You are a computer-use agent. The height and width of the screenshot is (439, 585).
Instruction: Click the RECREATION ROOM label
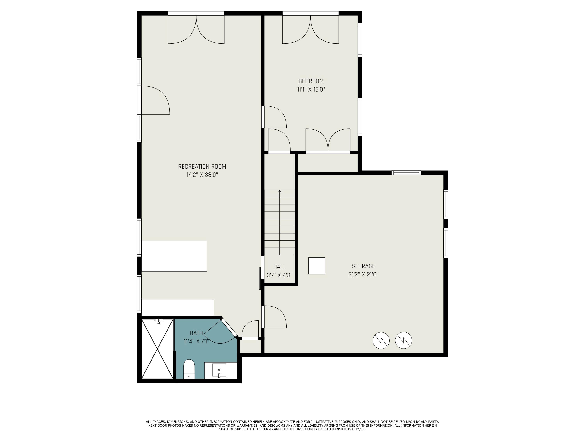(x=202, y=166)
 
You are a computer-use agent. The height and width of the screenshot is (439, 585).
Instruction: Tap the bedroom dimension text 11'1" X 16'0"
(x=311, y=89)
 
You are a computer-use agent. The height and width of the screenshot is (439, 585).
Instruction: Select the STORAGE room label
(x=363, y=266)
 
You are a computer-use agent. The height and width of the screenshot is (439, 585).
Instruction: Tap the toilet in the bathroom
(x=189, y=368)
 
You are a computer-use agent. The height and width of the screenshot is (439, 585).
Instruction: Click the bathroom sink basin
(x=219, y=370)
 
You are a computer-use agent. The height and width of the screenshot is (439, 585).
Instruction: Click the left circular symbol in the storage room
(x=381, y=340)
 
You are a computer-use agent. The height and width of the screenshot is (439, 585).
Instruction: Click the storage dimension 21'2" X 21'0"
(x=363, y=274)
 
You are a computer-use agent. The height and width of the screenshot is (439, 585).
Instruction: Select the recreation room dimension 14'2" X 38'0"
(x=202, y=175)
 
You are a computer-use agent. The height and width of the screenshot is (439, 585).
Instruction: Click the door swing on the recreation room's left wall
(x=155, y=100)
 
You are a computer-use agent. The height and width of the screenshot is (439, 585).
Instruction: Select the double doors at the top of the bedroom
(x=310, y=29)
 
